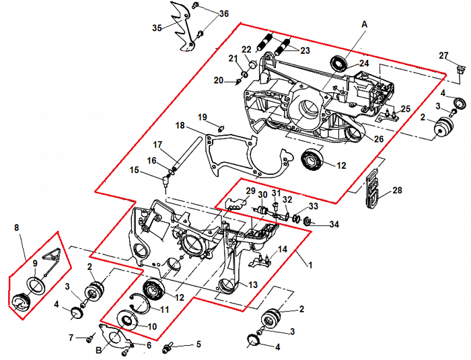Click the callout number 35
click(157, 28)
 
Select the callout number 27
click(443, 55)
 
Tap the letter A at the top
click(365, 24)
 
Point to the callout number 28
click(397, 191)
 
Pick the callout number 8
click(17, 228)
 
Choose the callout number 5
click(198, 345)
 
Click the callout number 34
click(334, 224)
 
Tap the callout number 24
click(364, 63)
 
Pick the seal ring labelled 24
click(340, 64)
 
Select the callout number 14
click(283, 249)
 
